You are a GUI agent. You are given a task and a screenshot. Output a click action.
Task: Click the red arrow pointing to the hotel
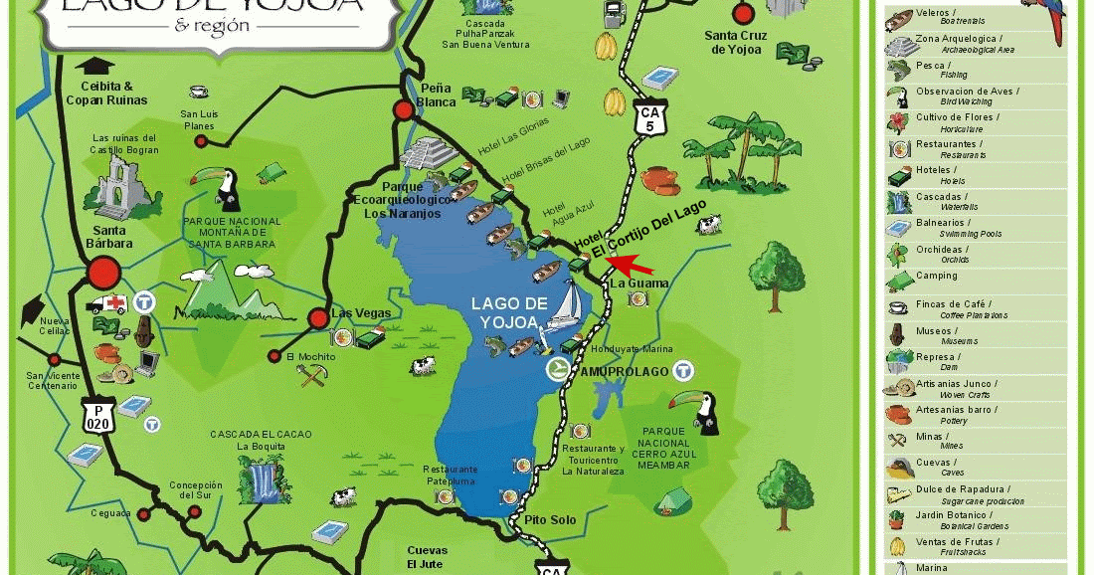point(633,265)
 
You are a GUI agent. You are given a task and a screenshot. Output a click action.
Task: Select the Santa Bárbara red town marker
point(104,272)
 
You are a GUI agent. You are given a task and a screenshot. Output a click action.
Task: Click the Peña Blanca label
point(437,95)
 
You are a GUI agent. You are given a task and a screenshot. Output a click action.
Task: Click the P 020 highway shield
point(98,416)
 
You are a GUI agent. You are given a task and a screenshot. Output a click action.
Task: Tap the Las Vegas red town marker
point(318,318)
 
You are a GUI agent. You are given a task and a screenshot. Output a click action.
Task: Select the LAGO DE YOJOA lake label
point(509,311)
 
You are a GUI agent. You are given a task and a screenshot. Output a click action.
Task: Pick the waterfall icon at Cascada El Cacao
point(264,479)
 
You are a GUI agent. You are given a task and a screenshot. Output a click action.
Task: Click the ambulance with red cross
point(106,303)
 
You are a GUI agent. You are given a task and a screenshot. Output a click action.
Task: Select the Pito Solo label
point(550,520)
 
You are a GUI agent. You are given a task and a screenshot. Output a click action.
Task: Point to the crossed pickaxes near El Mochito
point(307,375)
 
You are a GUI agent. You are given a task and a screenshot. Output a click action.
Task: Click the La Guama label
point(639,284)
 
